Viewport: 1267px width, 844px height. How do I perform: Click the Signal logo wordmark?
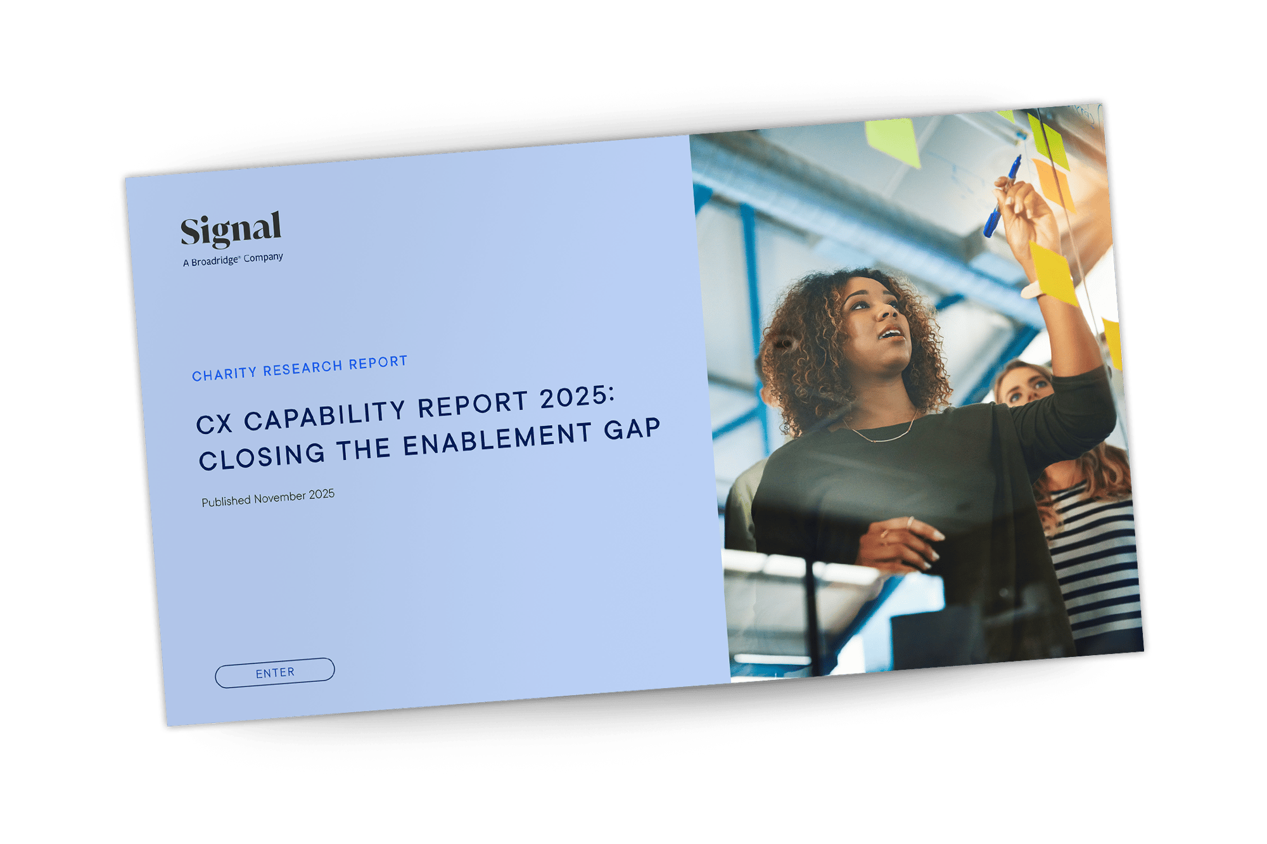click(x=231, y=229)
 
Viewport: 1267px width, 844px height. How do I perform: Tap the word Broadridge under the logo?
click(x=215, y=261)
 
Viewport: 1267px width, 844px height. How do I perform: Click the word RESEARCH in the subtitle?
click(x=303, y=368)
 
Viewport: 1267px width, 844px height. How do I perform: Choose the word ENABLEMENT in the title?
click(x=498, y=439)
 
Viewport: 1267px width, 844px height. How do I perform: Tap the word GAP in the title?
click(x=632, y=429)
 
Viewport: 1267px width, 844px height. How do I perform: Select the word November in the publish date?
click(x=280, y=498)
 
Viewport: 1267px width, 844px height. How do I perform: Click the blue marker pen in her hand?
click(x=1002, y=196)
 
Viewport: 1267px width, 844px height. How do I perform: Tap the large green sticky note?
click(x=893, y=141)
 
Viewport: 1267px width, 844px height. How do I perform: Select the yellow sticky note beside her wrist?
click(x=1054, y=273)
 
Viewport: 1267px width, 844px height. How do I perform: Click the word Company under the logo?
click(x=263, y=257)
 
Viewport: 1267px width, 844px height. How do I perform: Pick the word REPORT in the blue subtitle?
click(x=378, y=362)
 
